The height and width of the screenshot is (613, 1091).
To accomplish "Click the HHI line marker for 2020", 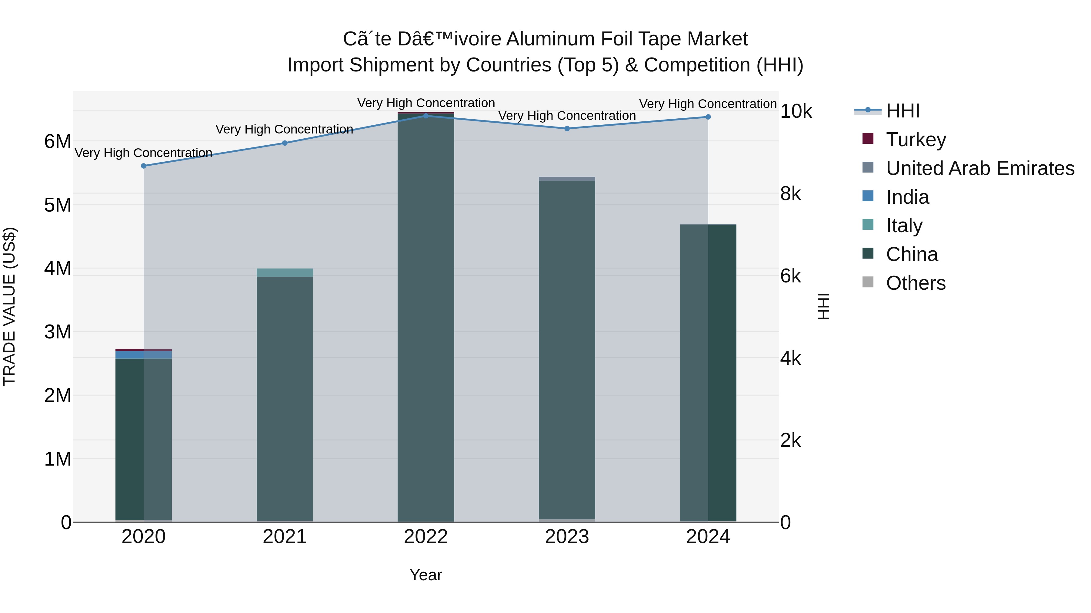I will [144, 166].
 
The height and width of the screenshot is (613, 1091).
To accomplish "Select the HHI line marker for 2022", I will [426, 116].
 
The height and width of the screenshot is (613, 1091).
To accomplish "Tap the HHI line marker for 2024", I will [708, 117].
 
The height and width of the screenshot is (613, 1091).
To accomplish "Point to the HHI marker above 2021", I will [285, 143].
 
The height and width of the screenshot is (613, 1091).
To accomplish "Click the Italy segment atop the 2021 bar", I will [285, 272].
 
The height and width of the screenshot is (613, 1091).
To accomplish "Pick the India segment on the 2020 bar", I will [144, 354].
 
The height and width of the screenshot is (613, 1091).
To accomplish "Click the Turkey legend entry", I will [915, 140].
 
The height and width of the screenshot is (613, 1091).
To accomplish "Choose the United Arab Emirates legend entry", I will [979, 168].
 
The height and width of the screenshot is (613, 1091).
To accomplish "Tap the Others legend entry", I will [915, 283].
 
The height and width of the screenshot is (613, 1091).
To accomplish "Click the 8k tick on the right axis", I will [790, 194].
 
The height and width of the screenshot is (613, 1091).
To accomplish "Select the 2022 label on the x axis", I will [426, 537].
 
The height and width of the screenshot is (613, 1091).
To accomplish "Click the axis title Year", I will [426, 575].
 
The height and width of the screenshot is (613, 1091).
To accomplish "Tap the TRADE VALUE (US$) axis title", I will [9, 306].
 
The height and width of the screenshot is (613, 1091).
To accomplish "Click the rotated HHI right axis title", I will [823, 306].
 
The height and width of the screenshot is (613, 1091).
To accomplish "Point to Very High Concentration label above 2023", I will [567, 116].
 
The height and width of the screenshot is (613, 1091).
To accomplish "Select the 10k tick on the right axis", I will [796, 111].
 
